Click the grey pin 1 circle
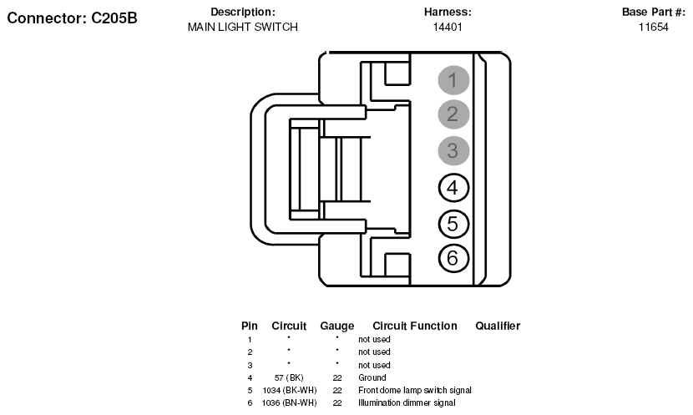[x=453, y=80]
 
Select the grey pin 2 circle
[x=453, y=114]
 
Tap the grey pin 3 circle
[x=453, y=150]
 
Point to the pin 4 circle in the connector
[x=453, y=187]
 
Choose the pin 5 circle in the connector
[x=453, y=224]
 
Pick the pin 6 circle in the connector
[x=453, y=258]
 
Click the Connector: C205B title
[x=72, y=18]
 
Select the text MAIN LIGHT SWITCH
[x=243, y=27]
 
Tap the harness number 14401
[x=448, y=27]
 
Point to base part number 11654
[x=653, y=27]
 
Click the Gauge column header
[x=336, y=326]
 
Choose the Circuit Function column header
[x=415, y=326]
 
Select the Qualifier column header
[x=498, y=326]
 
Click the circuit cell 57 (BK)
[x=289, y=377]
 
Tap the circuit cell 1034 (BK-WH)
[x=290, y=390]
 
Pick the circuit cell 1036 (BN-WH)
[x=290, y=402]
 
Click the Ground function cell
[x=372, y=377]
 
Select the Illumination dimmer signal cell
[x=407, y=402]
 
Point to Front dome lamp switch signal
[x=415, y=390]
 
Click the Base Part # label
[x=653, y=12]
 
